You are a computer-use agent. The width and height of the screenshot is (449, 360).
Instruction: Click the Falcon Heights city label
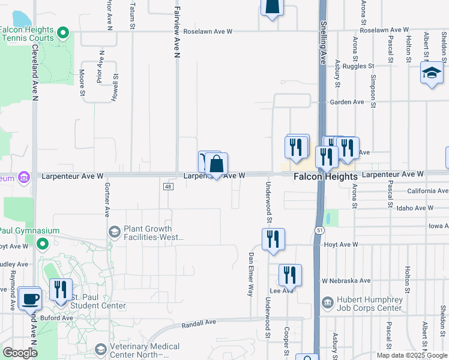coord(325,177)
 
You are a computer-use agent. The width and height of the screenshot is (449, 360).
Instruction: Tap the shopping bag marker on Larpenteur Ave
coord(217,164)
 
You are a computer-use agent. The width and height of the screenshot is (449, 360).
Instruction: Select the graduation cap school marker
coord(431,74)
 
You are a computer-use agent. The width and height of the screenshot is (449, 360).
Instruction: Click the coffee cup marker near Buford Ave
coord(29,298)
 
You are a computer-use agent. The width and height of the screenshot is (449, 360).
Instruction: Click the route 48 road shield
coord(167,187)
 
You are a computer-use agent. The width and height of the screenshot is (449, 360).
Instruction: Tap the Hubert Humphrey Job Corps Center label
coord(361,304)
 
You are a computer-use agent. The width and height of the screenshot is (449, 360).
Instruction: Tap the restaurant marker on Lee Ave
coord(290,275)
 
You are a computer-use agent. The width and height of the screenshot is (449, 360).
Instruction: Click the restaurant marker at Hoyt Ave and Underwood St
coord(273,239)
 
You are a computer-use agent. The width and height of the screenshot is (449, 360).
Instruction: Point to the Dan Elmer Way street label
coord(251,274)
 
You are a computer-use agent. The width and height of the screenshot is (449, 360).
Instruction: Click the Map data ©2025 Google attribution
coord(411,355)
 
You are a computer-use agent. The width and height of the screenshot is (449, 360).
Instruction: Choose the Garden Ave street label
coord(347,102)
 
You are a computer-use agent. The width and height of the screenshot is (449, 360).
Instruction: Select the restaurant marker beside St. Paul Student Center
coord(61,290)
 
